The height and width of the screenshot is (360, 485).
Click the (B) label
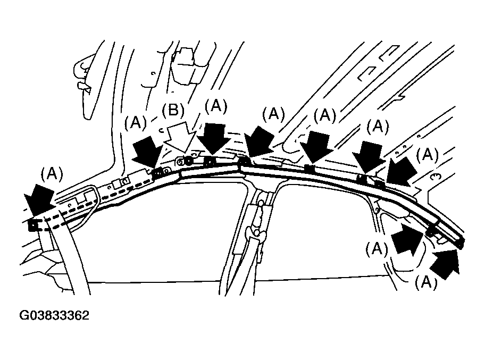pos(173,111)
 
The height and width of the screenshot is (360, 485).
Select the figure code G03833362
pos(54,315)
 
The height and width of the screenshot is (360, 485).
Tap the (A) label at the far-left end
pos(52,174)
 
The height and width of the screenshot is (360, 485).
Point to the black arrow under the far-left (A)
pos(39,199)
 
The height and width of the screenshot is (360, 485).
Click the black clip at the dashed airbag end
pos(33,225)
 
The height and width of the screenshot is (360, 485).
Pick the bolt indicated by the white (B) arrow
pos(188,160)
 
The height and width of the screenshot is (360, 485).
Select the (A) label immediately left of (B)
pos(136,123)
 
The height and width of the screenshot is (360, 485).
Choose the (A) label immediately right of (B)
pos(216,106)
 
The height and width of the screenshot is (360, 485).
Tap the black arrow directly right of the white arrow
pos(213,138)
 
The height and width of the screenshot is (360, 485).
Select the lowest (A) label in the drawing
pos(426,282)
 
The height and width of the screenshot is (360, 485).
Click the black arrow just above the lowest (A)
pos(446,264)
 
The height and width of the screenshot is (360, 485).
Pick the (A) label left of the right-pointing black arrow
pos(377,248)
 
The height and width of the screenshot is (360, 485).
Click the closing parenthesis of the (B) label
pos(182,111)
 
